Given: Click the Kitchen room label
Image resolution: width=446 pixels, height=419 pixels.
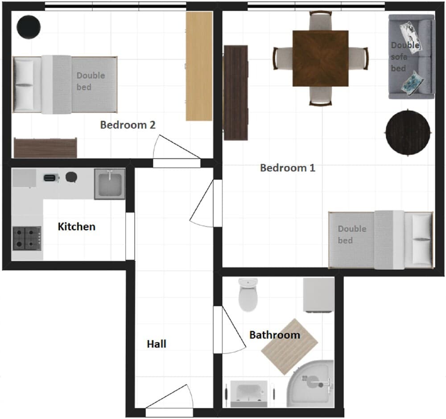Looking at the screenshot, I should [x=76, y=227].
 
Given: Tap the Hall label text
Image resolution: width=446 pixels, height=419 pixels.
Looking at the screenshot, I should [x=157, y=344].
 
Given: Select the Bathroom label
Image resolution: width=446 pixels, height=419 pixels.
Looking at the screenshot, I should [x=274, y=335].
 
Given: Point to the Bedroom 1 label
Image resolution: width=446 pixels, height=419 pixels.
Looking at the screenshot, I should [x=287, y=168].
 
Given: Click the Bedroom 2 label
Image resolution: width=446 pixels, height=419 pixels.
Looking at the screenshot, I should [x=128, y=125].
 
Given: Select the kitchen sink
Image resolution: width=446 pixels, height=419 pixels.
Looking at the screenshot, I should [x=109, y=184].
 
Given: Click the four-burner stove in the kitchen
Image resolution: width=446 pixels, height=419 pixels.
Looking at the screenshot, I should [x=27, y=238].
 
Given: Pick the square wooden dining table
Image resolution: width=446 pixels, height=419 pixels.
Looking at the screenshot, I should [x=320, y=58].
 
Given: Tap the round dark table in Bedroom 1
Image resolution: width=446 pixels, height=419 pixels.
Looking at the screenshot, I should [x=408, y=132].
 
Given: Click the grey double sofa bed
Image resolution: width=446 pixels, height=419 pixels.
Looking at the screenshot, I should [x=411, y=57].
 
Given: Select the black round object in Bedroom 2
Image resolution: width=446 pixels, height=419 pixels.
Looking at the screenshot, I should [x=29, y=27].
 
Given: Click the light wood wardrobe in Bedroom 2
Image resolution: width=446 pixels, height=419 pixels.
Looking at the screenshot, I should [x=199, y=66].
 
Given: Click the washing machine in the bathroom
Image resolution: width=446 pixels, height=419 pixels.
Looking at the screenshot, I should [x=318, y=295].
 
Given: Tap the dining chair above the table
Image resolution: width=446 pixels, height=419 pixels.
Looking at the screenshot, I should [x=320, y=21].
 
